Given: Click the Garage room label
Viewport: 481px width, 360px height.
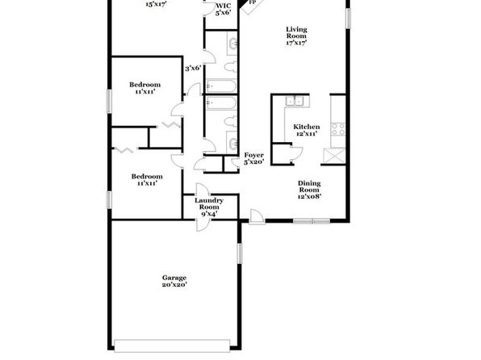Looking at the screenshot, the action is click(x=174, y=281).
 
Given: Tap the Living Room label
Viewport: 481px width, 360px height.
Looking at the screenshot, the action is click(x=297, y=36).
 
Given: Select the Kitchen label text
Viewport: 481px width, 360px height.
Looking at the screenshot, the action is click(x=307, y=127).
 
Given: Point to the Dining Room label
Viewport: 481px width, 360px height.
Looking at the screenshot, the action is click(x=309, y=190).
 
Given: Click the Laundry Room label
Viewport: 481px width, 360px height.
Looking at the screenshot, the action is click(x=209, y=207).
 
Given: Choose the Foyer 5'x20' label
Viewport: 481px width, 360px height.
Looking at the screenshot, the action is click(x=254, y=158).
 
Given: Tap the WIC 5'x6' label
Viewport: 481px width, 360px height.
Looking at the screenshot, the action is click(x=223, y=9).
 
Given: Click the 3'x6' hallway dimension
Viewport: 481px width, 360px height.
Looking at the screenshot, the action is click(x=193, y=68).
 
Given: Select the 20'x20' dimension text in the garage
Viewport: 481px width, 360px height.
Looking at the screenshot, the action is click(x=174, y=285).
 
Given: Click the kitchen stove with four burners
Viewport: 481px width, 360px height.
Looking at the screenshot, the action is click(x=338, y=129).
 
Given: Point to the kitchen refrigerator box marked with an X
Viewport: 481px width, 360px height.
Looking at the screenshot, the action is click(x=334, y=155).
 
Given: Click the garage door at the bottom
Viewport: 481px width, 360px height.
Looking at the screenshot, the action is click(x=172, y=345).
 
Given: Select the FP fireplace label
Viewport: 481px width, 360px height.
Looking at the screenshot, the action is click(x=253, y=2).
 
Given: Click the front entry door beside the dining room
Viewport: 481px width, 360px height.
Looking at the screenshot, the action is click(x=257, y=217).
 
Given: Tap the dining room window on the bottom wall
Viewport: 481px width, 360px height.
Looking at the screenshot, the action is click(x=312, y=220).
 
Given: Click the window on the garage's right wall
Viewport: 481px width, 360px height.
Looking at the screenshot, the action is click(x=240, y=253).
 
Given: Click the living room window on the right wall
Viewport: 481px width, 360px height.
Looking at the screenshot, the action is click(x=348, y=19).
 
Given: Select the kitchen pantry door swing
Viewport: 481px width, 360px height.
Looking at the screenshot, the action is click(x=296, y=153).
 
